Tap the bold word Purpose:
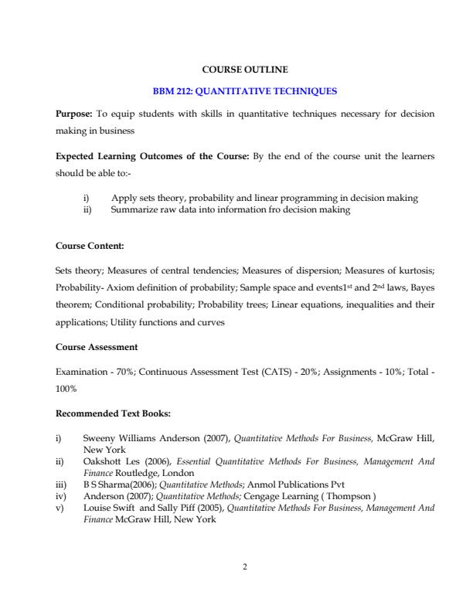pyautogui.click(x=74, y=113)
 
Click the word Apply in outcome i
pyautogui.click(x=124, y=198)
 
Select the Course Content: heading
pyautogui.click(x=90, y=246)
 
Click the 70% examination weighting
pyautogui.click(x=123, y=372)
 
